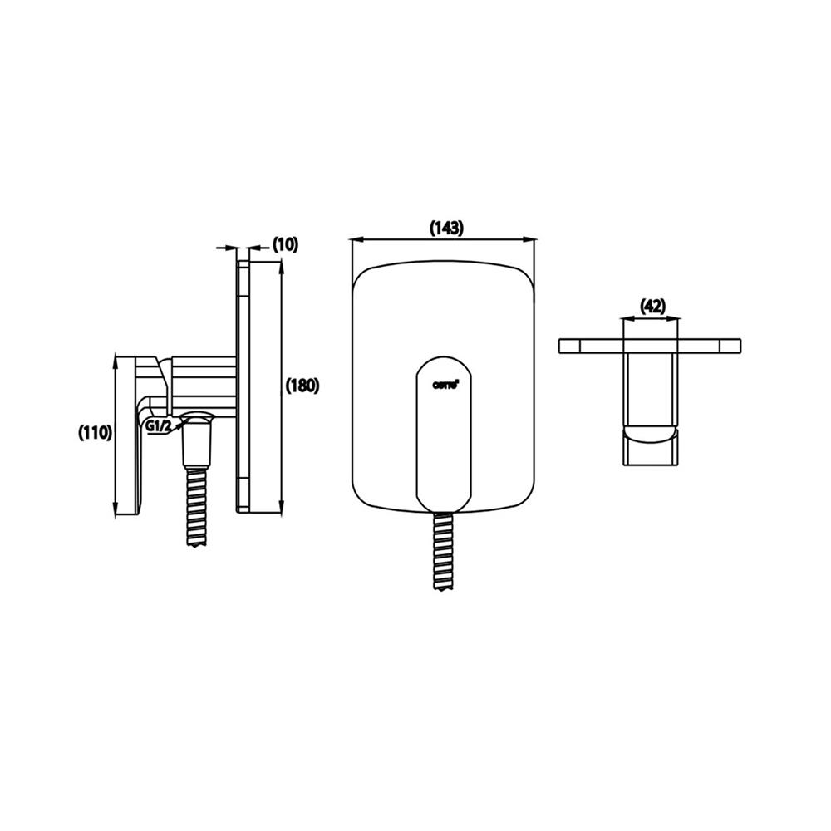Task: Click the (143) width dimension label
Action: coord(445,227)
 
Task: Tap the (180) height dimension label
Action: coord(302,386)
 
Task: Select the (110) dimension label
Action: coord(95,432)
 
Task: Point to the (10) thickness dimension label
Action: coord(285,244)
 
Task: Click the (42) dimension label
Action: coord(652,306)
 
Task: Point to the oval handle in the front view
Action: coord(445,432)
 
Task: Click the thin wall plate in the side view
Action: coord(243,386)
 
